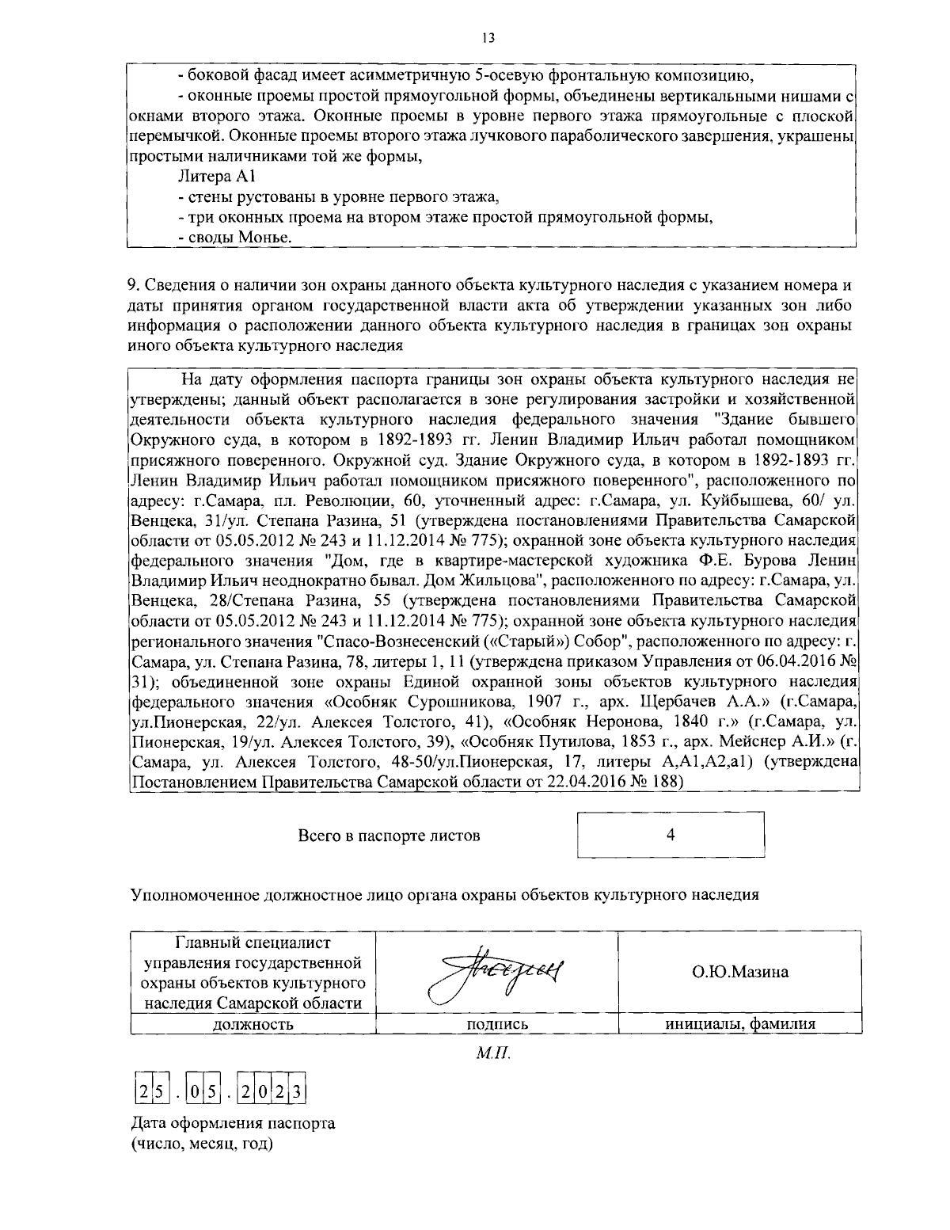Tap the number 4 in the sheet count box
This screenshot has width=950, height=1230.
coord(671,835)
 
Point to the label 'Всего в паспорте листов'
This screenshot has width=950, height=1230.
coord(389,836)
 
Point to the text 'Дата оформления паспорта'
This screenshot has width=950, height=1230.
coord(232,1124)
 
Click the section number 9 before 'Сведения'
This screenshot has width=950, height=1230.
coord(132,284)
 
